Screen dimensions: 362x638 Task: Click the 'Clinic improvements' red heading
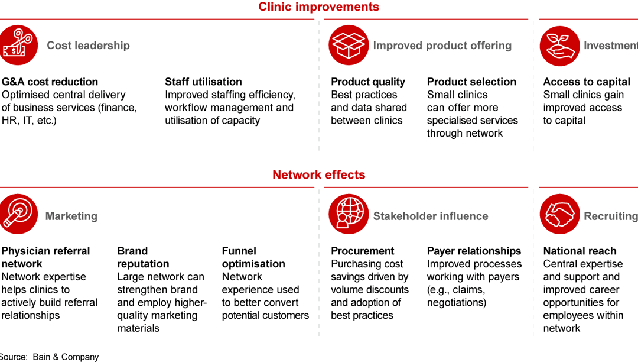pyautogui.click(x=318, y=7)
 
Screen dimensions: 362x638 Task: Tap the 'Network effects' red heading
pyautogui.click(x=318, y=174)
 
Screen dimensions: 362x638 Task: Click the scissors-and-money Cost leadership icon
pyautogui.click(x=18, y=46)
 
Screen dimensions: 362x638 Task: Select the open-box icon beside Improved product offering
pyautogui.click(x=349, y=46)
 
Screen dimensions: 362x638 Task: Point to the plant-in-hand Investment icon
pyautogui.click(x=559, y=46)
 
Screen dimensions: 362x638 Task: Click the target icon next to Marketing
pyautogui.click(x=18, y=214)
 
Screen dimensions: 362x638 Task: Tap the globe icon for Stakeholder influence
pyautogui.click(x=349, y=214)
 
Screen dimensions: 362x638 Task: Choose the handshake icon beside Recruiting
pyautogui.click(x=559, y=214)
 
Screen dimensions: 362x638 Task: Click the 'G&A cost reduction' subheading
pyautogui.click(x=50, y=82)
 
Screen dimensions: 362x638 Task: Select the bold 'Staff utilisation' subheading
pyautogui.click(x=203, y=82)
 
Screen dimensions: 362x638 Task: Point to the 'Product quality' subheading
pyautogui.click(x=367, y=82)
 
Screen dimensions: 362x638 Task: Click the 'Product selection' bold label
pyautogui.click(x=471, y=82)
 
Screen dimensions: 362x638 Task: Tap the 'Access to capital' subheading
pyautogui.click(x=587, y=82)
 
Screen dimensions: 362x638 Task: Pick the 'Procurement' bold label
pyautogui.click(x=362, y=251)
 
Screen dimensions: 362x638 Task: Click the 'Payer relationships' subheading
pyautogui.click(x=474, y=251)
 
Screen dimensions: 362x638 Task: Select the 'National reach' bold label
pyautogui.click(x=580, y=251)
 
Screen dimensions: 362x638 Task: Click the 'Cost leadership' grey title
pyautogui.click(x=88, y=46)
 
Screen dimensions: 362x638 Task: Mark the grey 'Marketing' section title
pyautogui.click(x=71, y=216)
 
